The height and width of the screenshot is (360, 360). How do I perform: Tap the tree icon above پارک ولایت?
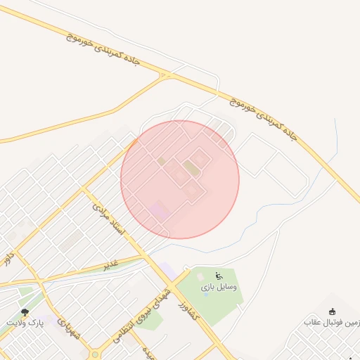pyautogui.click(x=25, y=311)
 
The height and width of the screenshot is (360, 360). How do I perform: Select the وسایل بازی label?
pyautogui.click(x=219, y=287)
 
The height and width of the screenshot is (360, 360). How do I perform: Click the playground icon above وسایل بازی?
pyautogui.click(x=218, y=275)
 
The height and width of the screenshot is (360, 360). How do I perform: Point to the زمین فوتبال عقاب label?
pyautogui.click(x=330, y=322)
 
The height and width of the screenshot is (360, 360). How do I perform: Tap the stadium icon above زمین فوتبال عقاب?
pyautogui.click(x=333, y=311)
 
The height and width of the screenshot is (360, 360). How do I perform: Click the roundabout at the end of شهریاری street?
pyautogui.click(x=94, y=354)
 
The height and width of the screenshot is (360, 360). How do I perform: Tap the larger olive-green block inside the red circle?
pyautogui.click(x=191, y=168)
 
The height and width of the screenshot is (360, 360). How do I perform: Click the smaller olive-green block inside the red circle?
pyautogui.click(x=162, y=161)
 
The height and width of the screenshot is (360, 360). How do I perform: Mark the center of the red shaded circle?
pyautogui.click(x=180, y=179)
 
